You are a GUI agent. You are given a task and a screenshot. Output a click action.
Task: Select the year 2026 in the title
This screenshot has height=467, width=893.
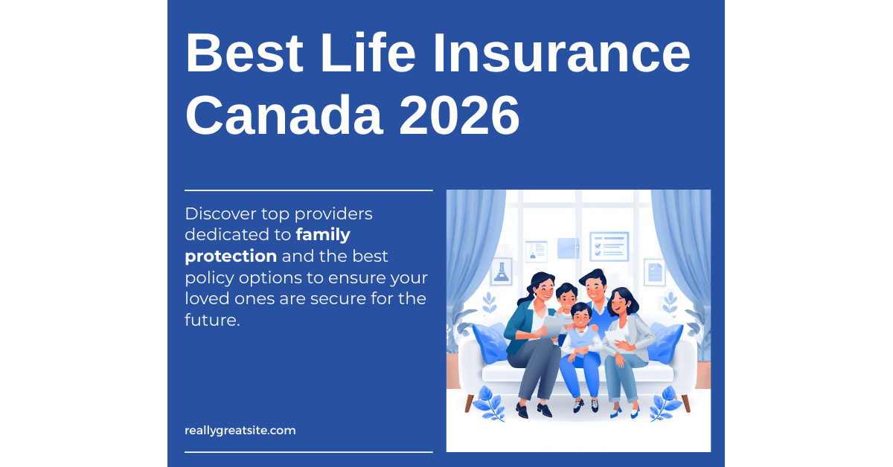(459, 115)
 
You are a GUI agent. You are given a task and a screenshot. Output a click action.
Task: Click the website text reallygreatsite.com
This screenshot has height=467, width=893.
(240, 430)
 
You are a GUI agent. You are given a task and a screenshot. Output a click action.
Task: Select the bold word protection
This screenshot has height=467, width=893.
(231, 257)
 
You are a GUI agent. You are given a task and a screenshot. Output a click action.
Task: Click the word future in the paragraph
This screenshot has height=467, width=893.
(211, 321)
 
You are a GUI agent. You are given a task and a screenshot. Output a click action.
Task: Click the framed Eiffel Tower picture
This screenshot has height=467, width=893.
(501, 272)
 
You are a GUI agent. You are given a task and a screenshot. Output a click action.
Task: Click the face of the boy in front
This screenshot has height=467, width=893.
(580, 316)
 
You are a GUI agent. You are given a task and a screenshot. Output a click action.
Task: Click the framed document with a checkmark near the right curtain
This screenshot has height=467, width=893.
(655, 272)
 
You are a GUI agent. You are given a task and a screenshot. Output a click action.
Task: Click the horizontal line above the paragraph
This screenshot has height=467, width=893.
(308, 190)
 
